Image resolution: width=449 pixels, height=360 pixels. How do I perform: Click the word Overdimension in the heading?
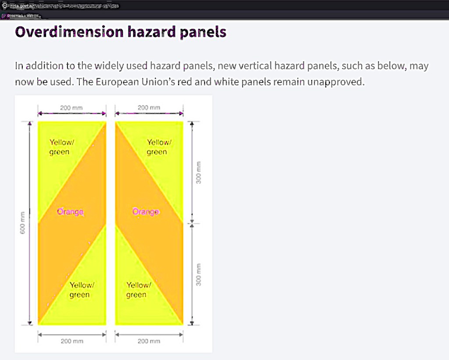[69, 32]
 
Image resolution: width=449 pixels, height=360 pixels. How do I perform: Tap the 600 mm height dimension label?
[22, 222]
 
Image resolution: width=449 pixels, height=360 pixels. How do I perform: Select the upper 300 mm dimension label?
[198, 172]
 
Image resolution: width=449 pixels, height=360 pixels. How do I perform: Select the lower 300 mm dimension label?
[198, 274]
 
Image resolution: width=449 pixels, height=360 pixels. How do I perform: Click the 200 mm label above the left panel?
[71, 108]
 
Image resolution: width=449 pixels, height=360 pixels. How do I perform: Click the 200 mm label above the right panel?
[149, 108]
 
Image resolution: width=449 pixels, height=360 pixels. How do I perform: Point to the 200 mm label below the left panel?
[72, 341]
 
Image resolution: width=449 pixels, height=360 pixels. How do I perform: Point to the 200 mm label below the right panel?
[149, 341]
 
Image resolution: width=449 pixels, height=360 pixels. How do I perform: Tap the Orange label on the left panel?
[70, 212]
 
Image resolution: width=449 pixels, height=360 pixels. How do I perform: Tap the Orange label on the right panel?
[146, 212]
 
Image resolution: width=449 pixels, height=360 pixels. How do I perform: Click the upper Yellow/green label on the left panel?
[62, 147]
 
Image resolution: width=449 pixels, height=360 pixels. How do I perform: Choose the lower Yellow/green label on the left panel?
[82, 290]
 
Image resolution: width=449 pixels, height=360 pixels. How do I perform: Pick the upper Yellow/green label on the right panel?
[159, 147]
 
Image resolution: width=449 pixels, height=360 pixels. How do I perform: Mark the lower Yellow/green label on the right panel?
[139, 290]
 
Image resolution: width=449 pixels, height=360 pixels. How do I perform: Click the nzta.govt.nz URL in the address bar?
[64, 6]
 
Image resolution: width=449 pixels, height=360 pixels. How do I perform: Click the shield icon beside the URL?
[4, 6]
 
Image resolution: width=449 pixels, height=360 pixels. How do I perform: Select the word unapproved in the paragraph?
[336, 82]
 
